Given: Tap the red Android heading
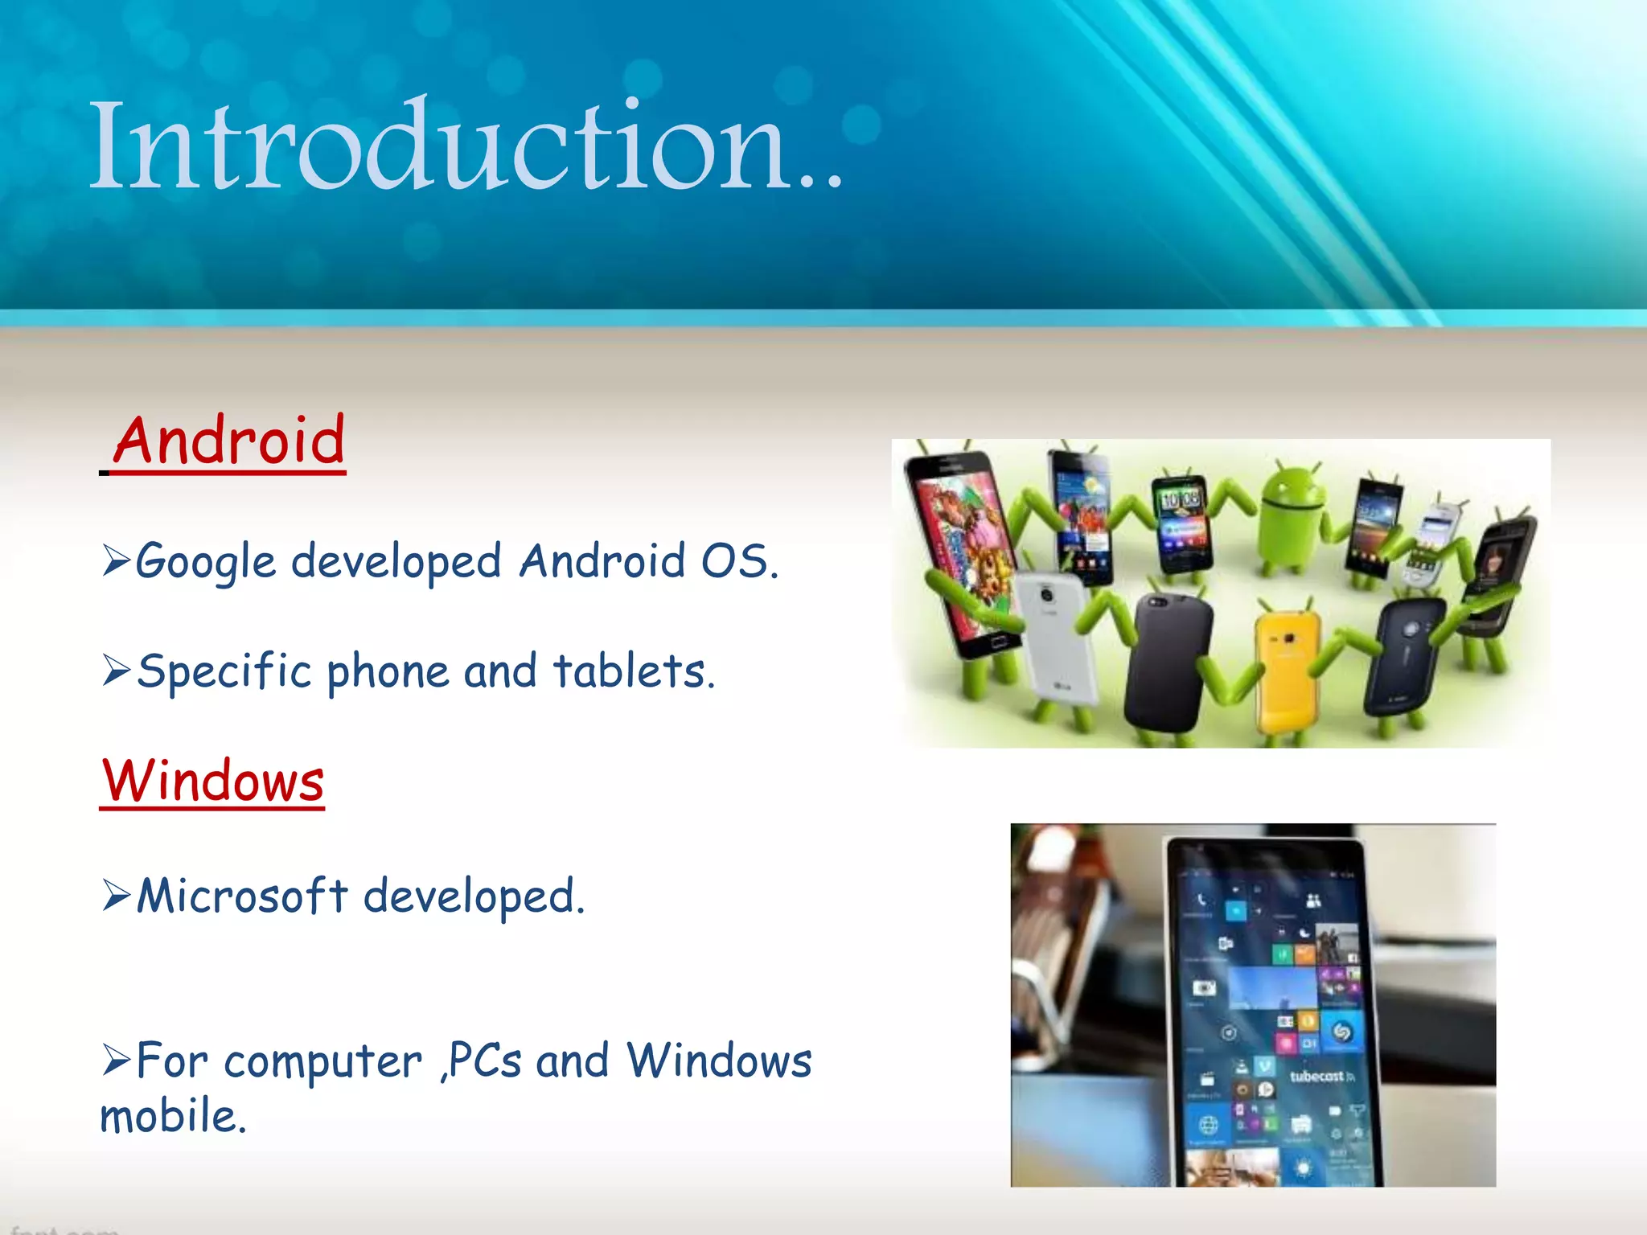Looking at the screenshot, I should click(229, 441).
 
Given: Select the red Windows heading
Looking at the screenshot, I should click(213, 781).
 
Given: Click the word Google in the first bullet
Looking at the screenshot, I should click(205, 562).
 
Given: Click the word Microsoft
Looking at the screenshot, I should click(241, 896).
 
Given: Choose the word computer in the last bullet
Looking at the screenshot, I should click(322, 1062).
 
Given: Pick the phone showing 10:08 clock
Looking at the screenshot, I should click(1181, 523).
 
